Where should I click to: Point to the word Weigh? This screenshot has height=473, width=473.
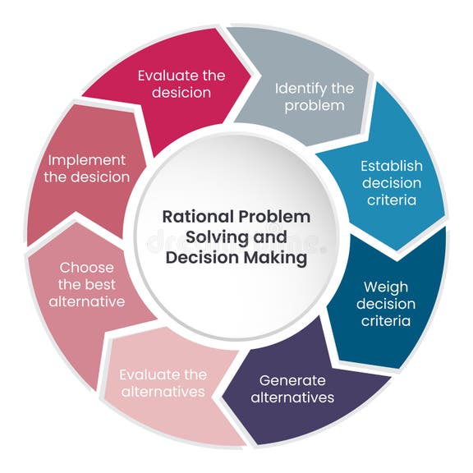coord(385,288)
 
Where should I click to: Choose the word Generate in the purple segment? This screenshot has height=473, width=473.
coord(292,380)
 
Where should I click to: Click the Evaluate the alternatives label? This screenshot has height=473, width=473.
coord(163,383)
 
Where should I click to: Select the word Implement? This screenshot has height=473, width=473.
coord(86,159)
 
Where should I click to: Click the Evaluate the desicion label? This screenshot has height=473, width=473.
coord(181,84)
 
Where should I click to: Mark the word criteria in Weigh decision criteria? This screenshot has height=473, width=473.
coord(385,321)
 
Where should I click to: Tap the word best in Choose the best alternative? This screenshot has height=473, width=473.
coord(104,284)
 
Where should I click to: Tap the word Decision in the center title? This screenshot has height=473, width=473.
coord(203,257)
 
